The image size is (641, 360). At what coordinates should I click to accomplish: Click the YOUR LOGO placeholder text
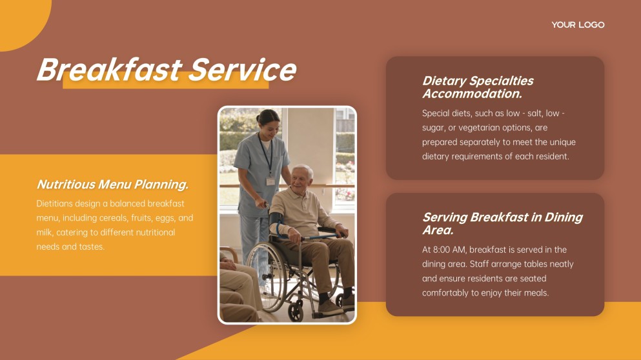click(x=578, y=25)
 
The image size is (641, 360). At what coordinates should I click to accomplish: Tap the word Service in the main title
click(x=243, y=70)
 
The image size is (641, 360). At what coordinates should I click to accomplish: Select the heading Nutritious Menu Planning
click(x=112, y=185)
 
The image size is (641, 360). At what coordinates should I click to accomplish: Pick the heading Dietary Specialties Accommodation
click(x=478, y=87)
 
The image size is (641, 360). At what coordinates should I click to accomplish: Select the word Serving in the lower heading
click(x=445, y=217)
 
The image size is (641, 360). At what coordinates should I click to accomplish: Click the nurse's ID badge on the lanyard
click(x=270, y=181)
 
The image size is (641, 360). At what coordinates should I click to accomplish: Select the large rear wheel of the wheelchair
click(x=266, y=276)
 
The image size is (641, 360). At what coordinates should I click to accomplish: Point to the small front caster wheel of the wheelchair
click(x=296, y=312)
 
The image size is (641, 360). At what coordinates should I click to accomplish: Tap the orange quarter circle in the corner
click(x=23, y=21)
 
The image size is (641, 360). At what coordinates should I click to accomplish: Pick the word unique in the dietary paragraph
click(x=562, y=142)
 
